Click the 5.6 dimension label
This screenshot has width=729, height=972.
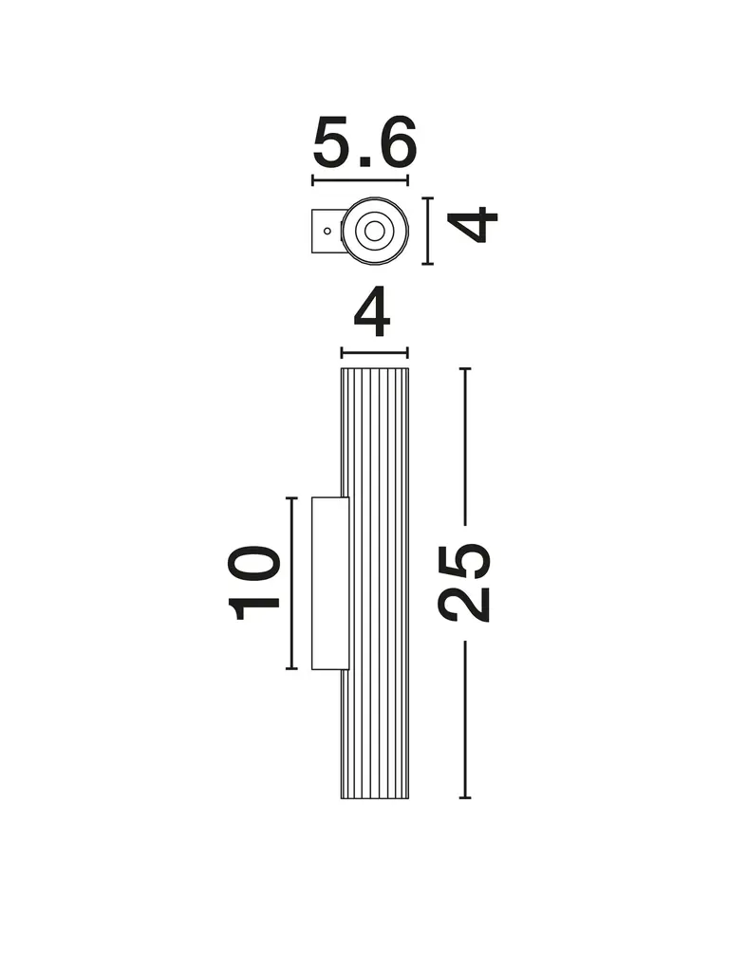pos(364,142)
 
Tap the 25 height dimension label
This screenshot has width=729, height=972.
pos(464,582)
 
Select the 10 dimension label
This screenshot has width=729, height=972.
pos(254,583)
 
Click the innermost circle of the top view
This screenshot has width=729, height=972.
pos(374,232)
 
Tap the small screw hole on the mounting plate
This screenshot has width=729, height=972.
pos(327,232)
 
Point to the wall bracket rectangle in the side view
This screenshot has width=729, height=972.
pos(330,583)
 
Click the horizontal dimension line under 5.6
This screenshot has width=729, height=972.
pos(360,181)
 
